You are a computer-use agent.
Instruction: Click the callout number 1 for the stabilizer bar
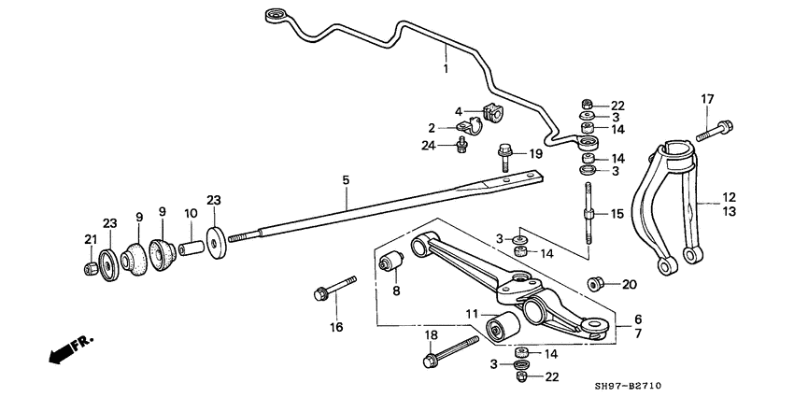click(446, 69)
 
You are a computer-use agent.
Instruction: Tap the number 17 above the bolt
click(707, 99)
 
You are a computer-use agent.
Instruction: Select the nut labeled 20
click(594, 284)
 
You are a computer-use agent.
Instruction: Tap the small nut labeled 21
click(91, 269)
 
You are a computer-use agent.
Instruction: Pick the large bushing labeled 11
click(504, 328)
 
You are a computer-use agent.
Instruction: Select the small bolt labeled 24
click(461, 144)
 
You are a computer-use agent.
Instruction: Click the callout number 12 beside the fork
click(729, 197)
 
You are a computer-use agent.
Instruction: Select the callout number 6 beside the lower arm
click(638, 319)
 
